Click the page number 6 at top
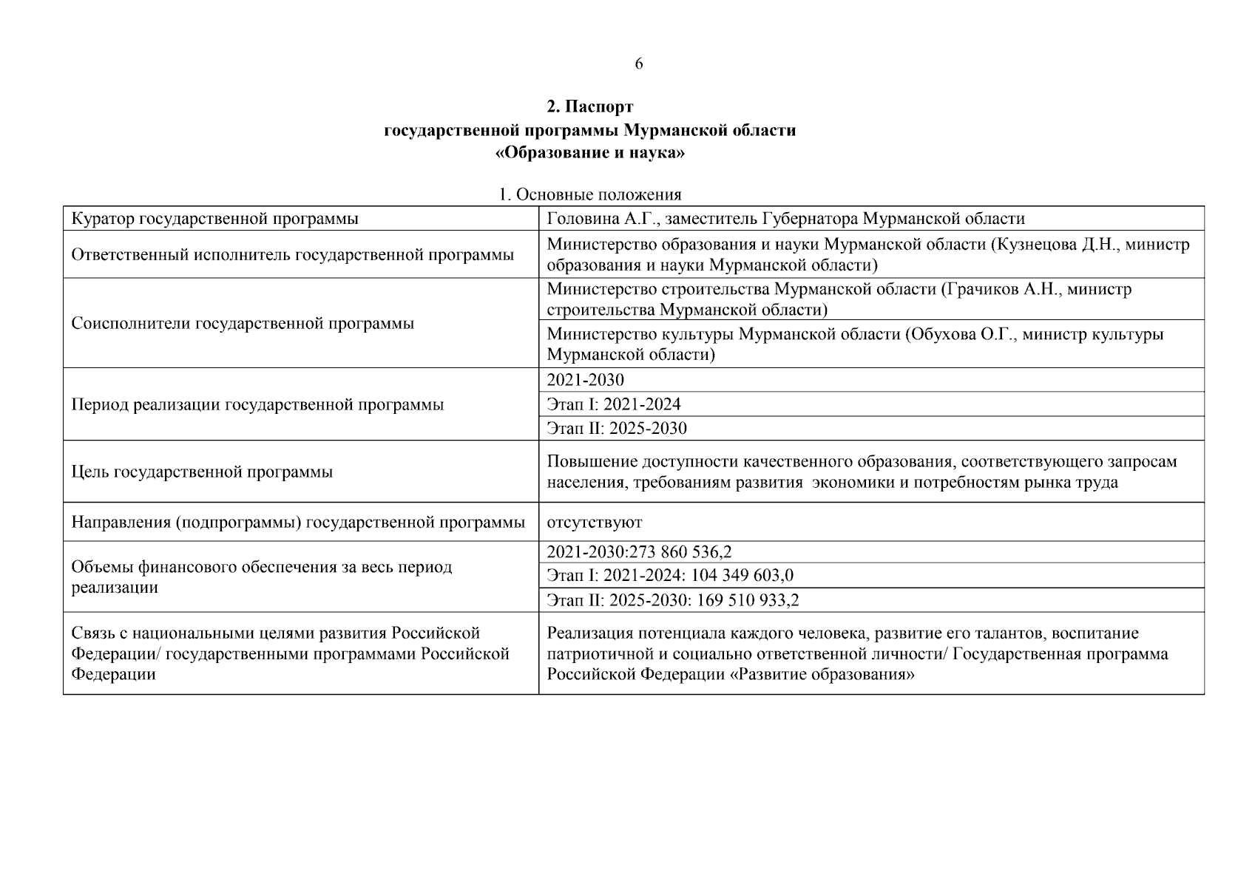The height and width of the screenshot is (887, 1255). [639, 64]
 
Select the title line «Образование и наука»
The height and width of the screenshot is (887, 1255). [589, 154]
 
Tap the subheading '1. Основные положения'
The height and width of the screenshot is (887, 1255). [589, 194]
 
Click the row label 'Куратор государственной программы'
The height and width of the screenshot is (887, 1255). [214, 219]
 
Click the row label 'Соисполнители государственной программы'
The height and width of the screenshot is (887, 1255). [243, 324]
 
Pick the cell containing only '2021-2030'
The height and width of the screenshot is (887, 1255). [585, 380]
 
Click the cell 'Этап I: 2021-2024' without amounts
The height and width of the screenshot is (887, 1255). [614, 404]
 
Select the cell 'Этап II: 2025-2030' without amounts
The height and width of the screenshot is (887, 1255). [617, 429]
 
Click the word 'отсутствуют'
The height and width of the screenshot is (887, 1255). [594, 523]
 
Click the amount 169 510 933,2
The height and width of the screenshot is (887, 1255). [748, 600]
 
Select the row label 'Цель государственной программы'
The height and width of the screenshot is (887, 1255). [202, 472]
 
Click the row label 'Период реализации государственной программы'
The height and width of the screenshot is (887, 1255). [257, 405]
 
